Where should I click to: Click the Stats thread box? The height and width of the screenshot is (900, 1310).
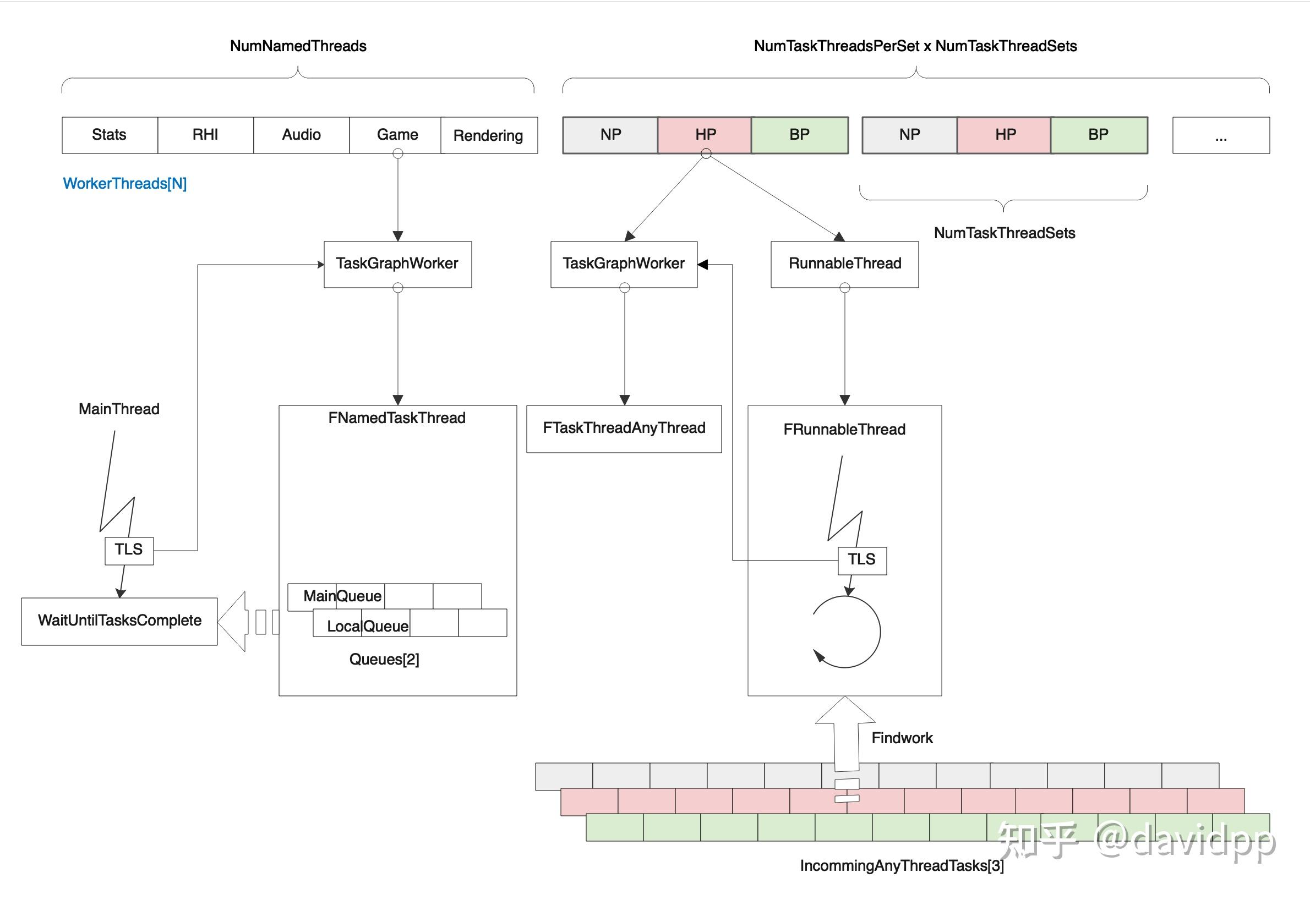tap(110, 135)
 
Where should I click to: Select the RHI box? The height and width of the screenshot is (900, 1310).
tap(205, 135)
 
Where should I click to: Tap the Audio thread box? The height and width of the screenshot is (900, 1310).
tap(301, 135)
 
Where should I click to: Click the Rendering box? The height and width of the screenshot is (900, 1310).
tap(489, 135)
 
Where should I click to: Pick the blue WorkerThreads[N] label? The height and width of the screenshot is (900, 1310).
tap(125, 183)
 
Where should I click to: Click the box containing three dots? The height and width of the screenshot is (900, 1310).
tap(1221, 135)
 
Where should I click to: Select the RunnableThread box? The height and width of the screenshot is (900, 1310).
tap(844, 264)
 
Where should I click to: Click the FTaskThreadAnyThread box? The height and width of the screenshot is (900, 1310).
tap(624, 429)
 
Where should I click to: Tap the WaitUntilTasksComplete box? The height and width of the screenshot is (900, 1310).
tap(119, 621)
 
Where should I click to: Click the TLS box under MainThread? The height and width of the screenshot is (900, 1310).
tap(129, 550)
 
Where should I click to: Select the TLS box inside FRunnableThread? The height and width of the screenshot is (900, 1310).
tap(862, 560)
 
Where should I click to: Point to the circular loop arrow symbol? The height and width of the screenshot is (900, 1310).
tap(845, 632)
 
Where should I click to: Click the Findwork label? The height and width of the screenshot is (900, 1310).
tap(902, 738)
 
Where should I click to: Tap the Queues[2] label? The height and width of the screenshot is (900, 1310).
tap(384, 659)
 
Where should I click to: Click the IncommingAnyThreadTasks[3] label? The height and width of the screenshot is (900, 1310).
tap(902, 865)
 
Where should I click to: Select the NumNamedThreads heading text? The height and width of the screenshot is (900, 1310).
tap(298, 46)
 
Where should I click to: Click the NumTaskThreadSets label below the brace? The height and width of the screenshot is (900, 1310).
tap(1004, 233)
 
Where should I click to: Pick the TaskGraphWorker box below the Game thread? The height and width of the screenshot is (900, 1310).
tap(397, 264)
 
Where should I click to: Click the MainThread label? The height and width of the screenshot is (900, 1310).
tap(119, 409)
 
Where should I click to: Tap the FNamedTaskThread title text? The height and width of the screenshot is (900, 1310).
tap(397, 418)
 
